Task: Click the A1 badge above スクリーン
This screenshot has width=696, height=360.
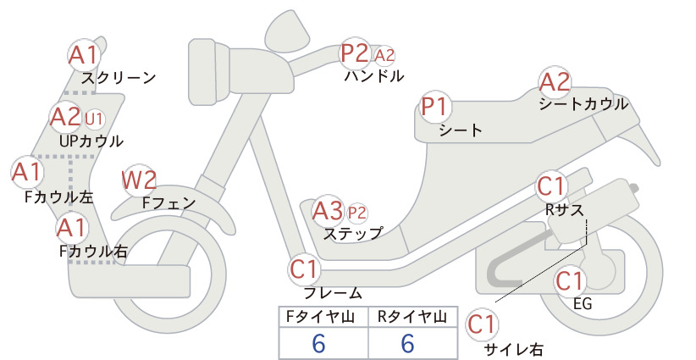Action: coord(84,55)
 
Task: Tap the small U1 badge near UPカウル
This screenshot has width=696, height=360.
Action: coord(94,119)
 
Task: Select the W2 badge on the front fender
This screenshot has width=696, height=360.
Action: coord(139,180)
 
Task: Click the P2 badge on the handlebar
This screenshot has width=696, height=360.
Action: coord(355,53)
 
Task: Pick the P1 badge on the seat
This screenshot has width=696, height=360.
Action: coord(435,107)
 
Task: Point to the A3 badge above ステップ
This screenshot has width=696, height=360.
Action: coord(328,211)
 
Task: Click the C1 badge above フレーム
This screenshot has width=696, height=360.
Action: coord(305,269)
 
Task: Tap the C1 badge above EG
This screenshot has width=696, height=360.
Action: coord(570,281)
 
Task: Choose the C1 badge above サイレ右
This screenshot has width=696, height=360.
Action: coord(482,324)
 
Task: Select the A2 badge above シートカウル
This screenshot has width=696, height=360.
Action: coord(555,82)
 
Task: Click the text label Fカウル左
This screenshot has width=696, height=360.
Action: coord(59,197)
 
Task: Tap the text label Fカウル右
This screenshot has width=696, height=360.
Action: coord(94,252)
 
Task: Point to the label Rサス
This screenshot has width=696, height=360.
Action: coord(564,209)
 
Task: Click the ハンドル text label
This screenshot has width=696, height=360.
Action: coord(374,76)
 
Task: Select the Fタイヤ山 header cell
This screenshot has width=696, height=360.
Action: coord(320,317)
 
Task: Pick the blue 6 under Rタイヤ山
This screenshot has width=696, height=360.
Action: coord(408,344)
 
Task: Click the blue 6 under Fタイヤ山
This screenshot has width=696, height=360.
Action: coord(318,344)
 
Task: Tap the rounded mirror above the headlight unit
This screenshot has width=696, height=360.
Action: coord(287,26)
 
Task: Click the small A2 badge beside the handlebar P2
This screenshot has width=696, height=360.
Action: coord(384,56)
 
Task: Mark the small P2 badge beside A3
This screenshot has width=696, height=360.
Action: coord(357,213)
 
